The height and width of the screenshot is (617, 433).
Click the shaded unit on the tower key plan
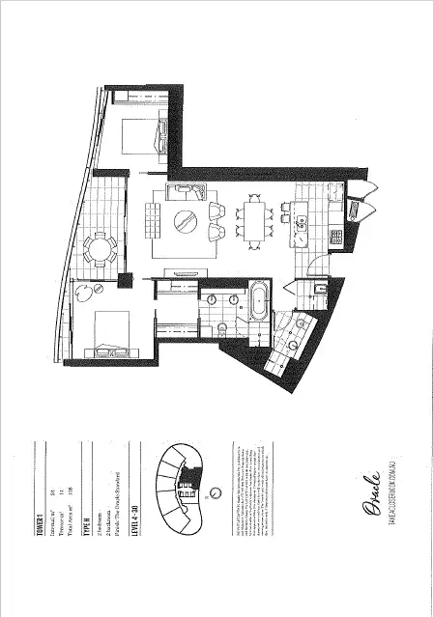tap(189, 492)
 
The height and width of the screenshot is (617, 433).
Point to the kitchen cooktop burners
tap(335, 236)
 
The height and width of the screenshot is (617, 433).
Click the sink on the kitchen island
tap(301, 224)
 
